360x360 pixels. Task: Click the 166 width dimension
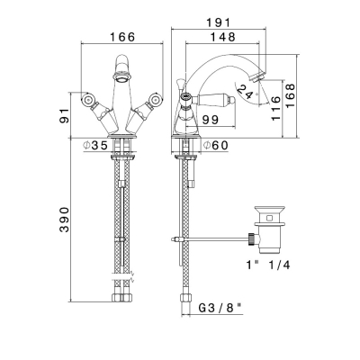tap(122, 37)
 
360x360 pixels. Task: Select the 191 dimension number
tap(219, 22)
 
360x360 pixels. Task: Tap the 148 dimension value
tap(222, 37)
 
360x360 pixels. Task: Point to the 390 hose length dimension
tap(64, 220)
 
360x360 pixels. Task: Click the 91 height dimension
tap(64, 115)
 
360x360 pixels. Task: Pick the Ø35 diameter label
tap(95, 146)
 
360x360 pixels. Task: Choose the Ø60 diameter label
tap(216, 146)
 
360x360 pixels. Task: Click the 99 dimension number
tap(211, 120)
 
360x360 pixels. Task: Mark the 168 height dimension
tap(290, 96)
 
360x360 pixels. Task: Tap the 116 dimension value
tap(275, 108)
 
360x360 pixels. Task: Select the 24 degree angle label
tap(245, 92)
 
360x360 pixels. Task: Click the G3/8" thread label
tap(220, 308)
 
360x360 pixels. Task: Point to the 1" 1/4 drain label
tap(268, 265)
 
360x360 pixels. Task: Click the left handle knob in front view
tap(89, 99)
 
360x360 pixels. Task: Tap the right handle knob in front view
tap(156, 99)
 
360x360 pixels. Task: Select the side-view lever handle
tap(217, 99)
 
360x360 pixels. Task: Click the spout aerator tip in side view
tap(258, 76)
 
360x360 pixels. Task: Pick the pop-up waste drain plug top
tap(268, 209)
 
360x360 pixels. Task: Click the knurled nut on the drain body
tap(252, 239)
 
